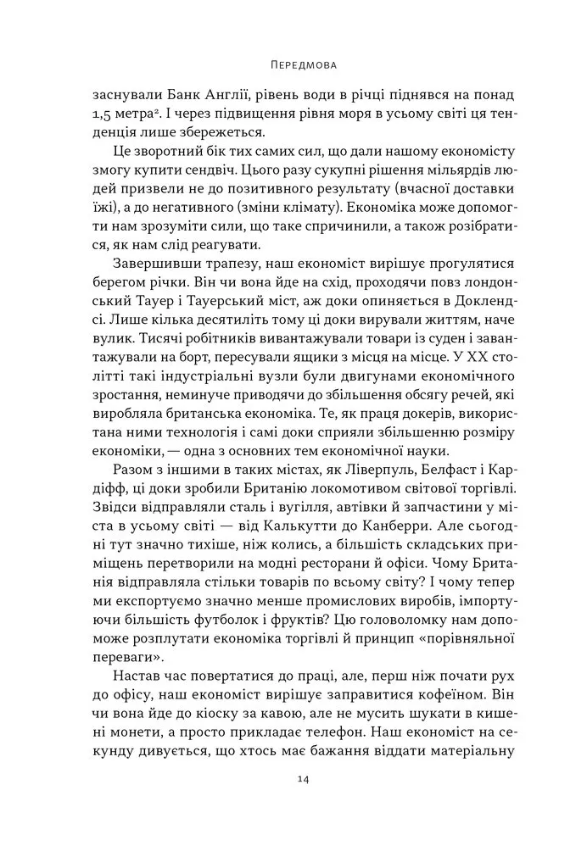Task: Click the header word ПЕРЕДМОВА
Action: pos(293,64)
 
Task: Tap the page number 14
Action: pos(293,804)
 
